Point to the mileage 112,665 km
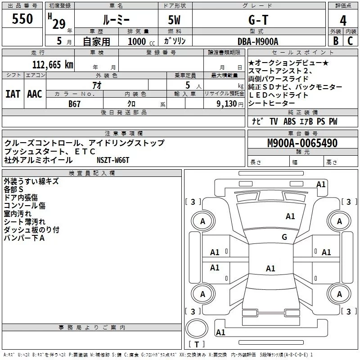click(x=53, y=64)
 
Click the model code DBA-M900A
click(x=258, y=41)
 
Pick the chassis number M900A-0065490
click(x=302, y=143)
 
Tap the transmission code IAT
click(x=13, y=94)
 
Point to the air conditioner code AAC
click(x=34, y=94)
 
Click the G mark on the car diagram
click(x=284, y=237)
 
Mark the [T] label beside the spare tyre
click(x=196, y=345)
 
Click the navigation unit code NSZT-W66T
click(x=113, y=160)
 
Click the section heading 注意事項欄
click(x=124, y=134)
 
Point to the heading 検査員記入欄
click(x=92, y=173)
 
